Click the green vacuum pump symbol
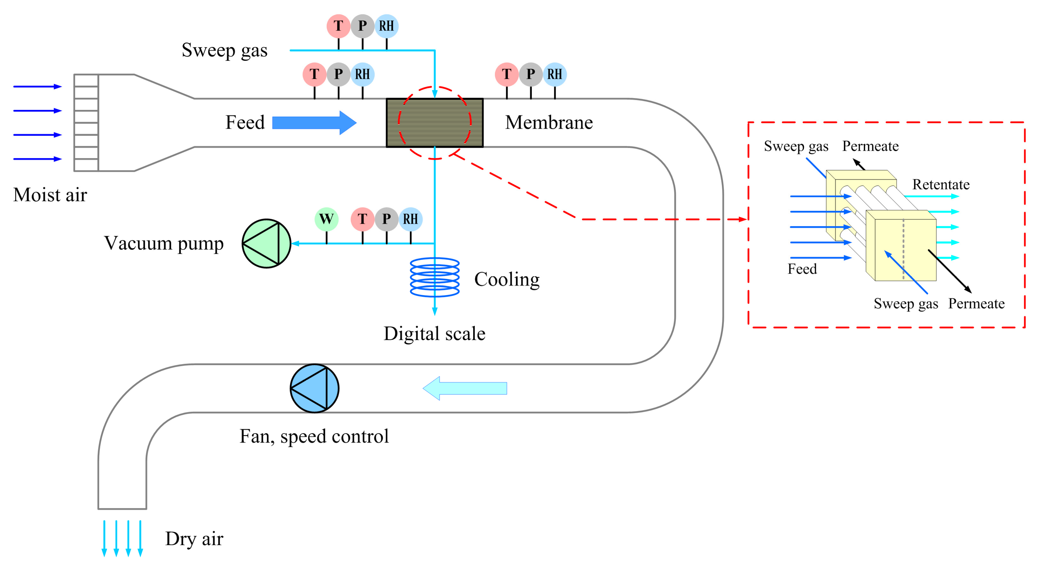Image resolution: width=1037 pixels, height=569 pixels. click(266, 243)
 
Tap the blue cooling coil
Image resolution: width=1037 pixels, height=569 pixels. click(435, 277)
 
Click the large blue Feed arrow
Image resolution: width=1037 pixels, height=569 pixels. click(314, 122)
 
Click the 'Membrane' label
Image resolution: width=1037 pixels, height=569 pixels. click(549, 122)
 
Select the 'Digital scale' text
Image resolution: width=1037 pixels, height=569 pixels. click(434, 334)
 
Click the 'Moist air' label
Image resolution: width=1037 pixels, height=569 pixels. click(50, 195)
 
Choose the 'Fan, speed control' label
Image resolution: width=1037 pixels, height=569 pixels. click(314, 436)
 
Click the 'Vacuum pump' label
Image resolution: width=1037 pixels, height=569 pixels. click(163, 243)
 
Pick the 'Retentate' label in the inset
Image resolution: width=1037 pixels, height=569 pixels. click(941, 184)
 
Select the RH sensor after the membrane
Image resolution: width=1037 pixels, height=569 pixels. click(555, 74)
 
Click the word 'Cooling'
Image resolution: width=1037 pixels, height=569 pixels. click(507, 279)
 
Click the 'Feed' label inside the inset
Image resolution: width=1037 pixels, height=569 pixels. click(802, 269)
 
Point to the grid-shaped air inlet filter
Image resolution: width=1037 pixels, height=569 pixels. click(86, 122)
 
